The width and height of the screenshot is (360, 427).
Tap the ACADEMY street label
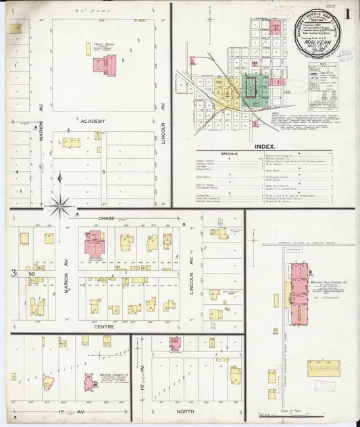pyautogui.click(x=93, y=121)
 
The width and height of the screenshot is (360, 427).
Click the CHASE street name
pyautogui.click(x=106, y=218)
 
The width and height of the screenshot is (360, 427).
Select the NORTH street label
pyautogui.click(x=186, y=411)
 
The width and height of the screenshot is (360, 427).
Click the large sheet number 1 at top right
pyautogui.click(x=346, y=14)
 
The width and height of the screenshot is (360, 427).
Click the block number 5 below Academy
pyautogui.click(x=104, y=172)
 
